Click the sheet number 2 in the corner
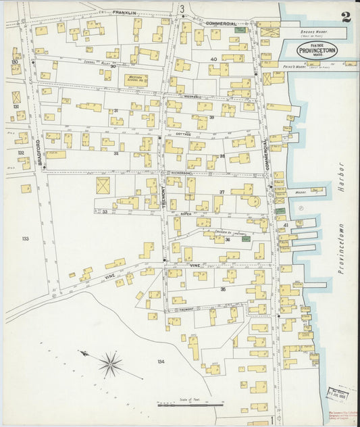coord(346,18)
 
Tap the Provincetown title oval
coord(316,52)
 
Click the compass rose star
coord(110,366)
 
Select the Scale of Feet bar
coord(190,405)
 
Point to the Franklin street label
coord(125,12)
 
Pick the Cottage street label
coord(183,134)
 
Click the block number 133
coord(26,238)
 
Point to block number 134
coord(161,362)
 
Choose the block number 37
coord(221,193)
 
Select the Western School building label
coord(138,78)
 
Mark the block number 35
coord(223,289)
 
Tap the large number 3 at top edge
coord(182,8)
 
